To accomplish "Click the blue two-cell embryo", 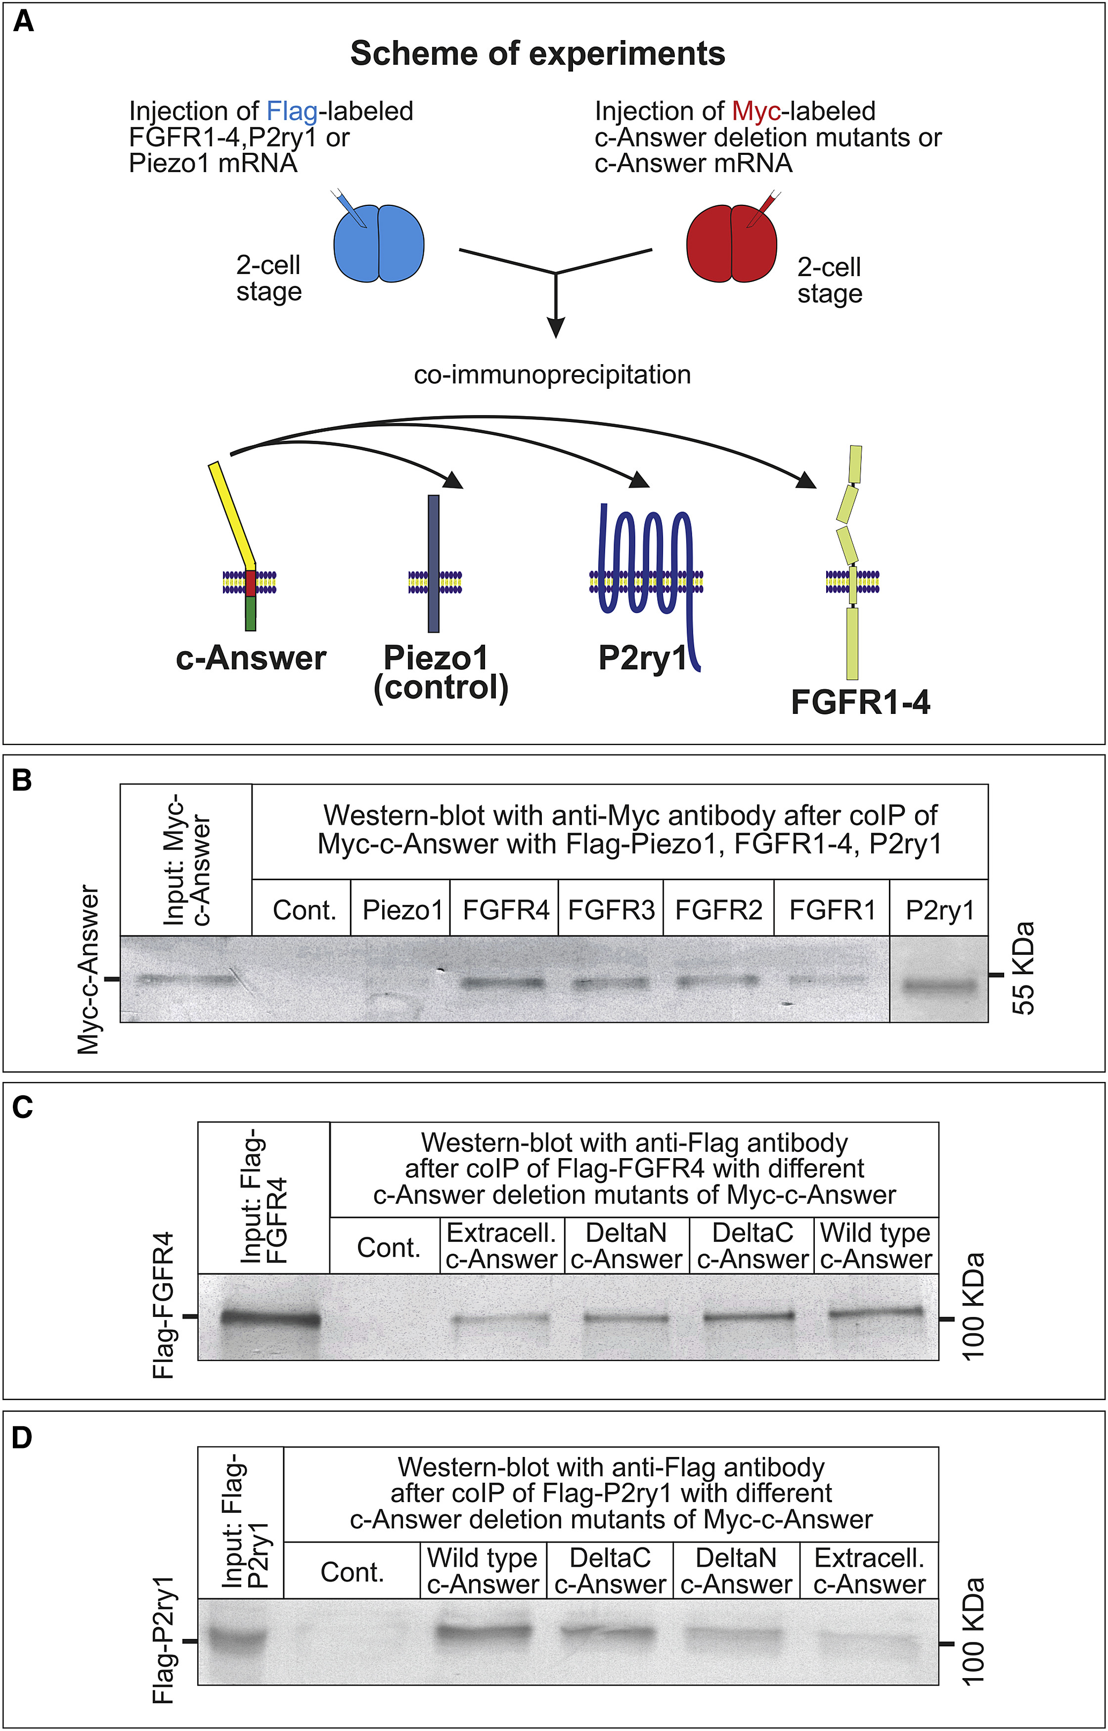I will (378, 243).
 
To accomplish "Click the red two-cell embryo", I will (731, 243).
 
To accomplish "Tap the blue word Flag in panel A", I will (292, 112).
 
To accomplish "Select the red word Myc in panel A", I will (755, 112).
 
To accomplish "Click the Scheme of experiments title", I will (537, 54).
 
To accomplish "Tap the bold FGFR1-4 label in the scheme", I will (860, 702).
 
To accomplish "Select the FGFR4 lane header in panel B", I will (506, 910).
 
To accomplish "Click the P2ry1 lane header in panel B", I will (939, 910).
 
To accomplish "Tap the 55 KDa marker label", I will (1023, 968).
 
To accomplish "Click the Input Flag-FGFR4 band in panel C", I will (270, 1318).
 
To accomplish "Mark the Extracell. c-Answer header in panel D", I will (869, 1571).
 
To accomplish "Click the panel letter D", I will (22, 1438).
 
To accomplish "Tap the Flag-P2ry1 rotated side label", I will (164, 1639).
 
